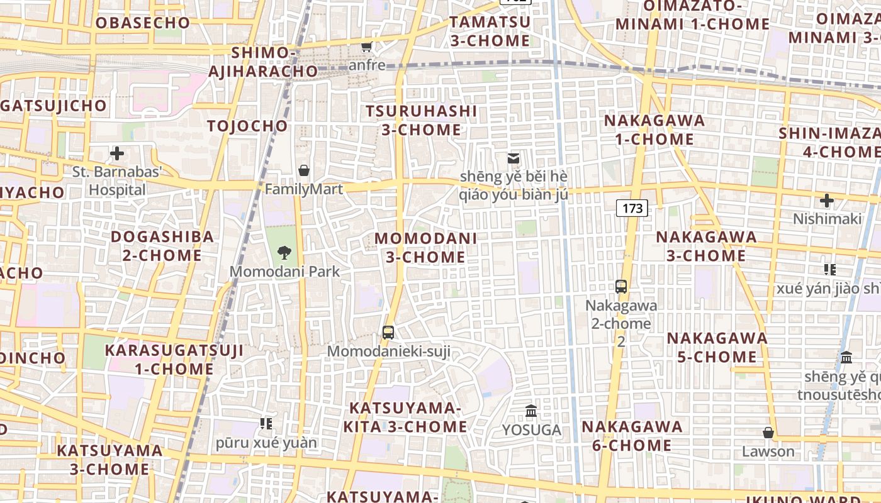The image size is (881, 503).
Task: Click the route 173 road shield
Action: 632,207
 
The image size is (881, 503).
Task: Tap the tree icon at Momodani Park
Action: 284,253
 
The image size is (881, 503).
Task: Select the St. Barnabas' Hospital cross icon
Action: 117,153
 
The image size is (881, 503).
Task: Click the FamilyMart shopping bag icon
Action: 304,170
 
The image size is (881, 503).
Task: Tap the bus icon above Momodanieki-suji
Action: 388,333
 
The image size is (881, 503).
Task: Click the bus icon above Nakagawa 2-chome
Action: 621,287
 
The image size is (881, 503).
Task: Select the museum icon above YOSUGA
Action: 531,411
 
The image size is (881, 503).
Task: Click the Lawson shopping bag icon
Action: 768,433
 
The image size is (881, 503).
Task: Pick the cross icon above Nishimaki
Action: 827,201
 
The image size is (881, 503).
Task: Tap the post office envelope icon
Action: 513,158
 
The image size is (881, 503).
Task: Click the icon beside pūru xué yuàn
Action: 266,424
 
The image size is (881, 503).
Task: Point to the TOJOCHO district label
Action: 247,126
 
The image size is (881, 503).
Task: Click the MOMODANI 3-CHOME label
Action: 426,248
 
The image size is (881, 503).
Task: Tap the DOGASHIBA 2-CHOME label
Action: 162,246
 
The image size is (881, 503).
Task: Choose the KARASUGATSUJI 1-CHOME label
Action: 174,360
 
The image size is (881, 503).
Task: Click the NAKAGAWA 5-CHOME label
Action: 717,348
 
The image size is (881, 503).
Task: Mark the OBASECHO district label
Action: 142,23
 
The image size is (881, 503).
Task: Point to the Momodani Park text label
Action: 284,272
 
